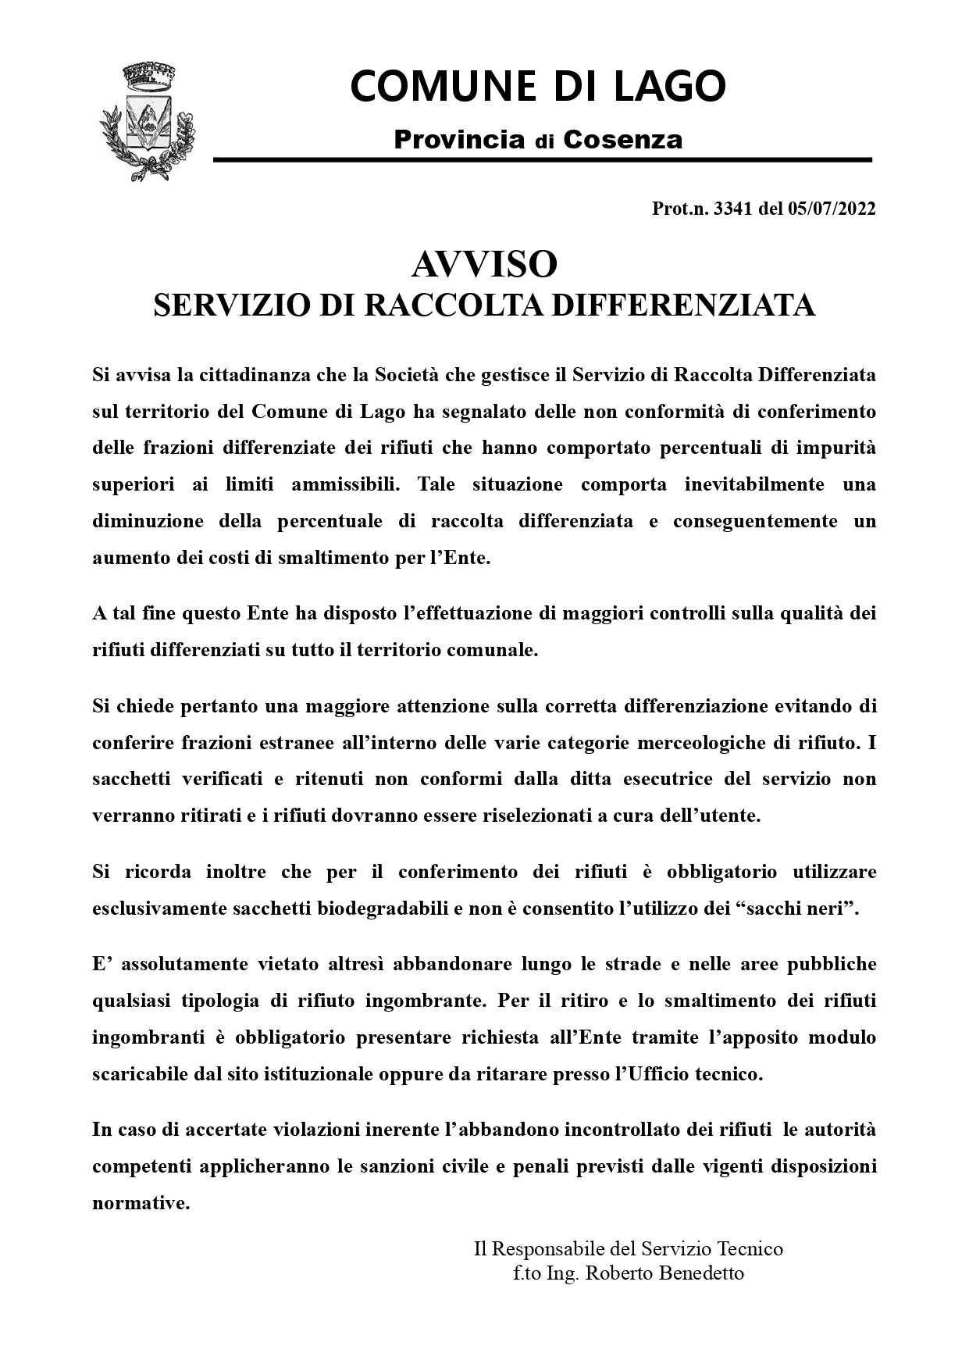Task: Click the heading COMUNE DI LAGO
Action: [538, 86]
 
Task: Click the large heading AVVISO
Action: [484, 265]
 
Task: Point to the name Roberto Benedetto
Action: [664, 1273]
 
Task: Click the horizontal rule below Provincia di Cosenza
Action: [542, 160]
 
